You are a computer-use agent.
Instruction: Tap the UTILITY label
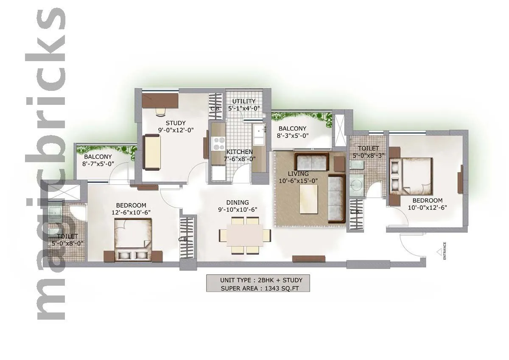click(244, 101)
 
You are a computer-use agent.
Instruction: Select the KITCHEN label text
click(239, 152)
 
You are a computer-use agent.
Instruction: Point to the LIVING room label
click(298, 174)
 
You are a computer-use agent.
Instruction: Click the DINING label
click(237, 202)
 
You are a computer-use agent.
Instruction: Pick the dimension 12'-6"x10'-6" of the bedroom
click(131, 212)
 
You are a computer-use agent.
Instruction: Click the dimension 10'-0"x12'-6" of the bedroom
click(428, 208)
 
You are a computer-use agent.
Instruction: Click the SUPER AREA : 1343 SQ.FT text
click(259, 288)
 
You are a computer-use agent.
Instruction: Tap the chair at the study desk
click(160, 112)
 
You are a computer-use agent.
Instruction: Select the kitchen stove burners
click(219, 143)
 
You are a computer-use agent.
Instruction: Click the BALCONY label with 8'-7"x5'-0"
click(98, 157)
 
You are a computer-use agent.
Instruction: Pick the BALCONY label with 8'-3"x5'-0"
click(292, 129)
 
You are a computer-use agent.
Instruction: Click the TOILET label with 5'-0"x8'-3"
click(368, 148)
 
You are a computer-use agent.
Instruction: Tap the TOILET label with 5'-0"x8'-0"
click(67, 236)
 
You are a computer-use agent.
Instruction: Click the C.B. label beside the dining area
click(183, 239)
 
